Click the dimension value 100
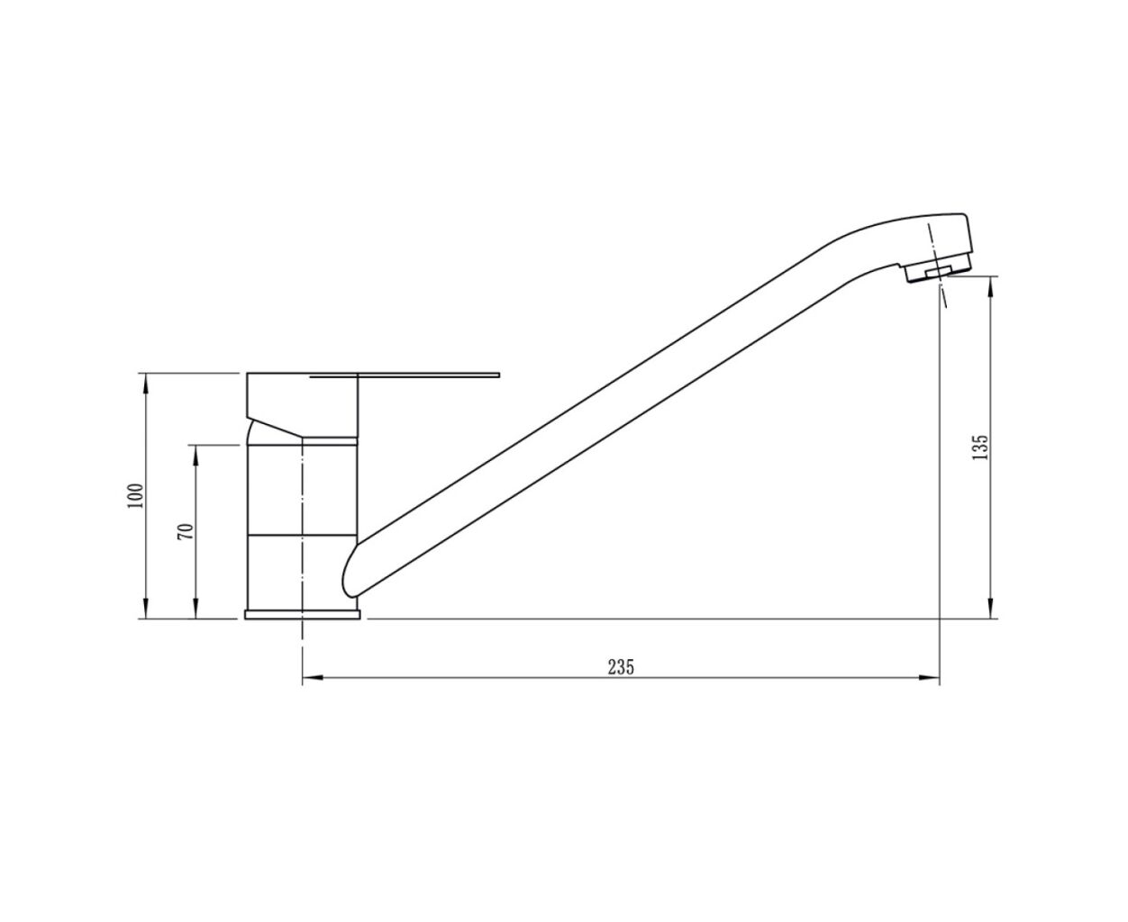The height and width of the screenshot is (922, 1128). [x=136, y=495]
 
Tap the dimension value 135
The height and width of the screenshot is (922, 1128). [x=981, y=447]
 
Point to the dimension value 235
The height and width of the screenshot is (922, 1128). [x=621, y=667]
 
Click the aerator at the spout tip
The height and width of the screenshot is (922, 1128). [x=937, y=274]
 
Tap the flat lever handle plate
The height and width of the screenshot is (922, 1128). [x=405, y=375]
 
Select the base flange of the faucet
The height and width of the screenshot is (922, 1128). [x=302, y=614]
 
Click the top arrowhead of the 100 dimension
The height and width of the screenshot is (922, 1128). [x=145, y=383]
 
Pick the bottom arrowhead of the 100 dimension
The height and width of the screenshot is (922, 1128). [x=145, y=609]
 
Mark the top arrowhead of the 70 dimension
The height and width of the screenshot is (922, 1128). [x=196, y=455]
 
